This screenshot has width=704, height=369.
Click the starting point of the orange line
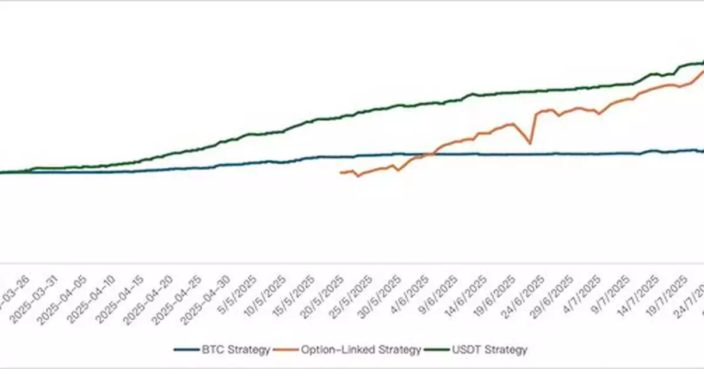tap(340, 172)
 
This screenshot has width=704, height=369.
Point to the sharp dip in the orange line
tap(530, 143)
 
